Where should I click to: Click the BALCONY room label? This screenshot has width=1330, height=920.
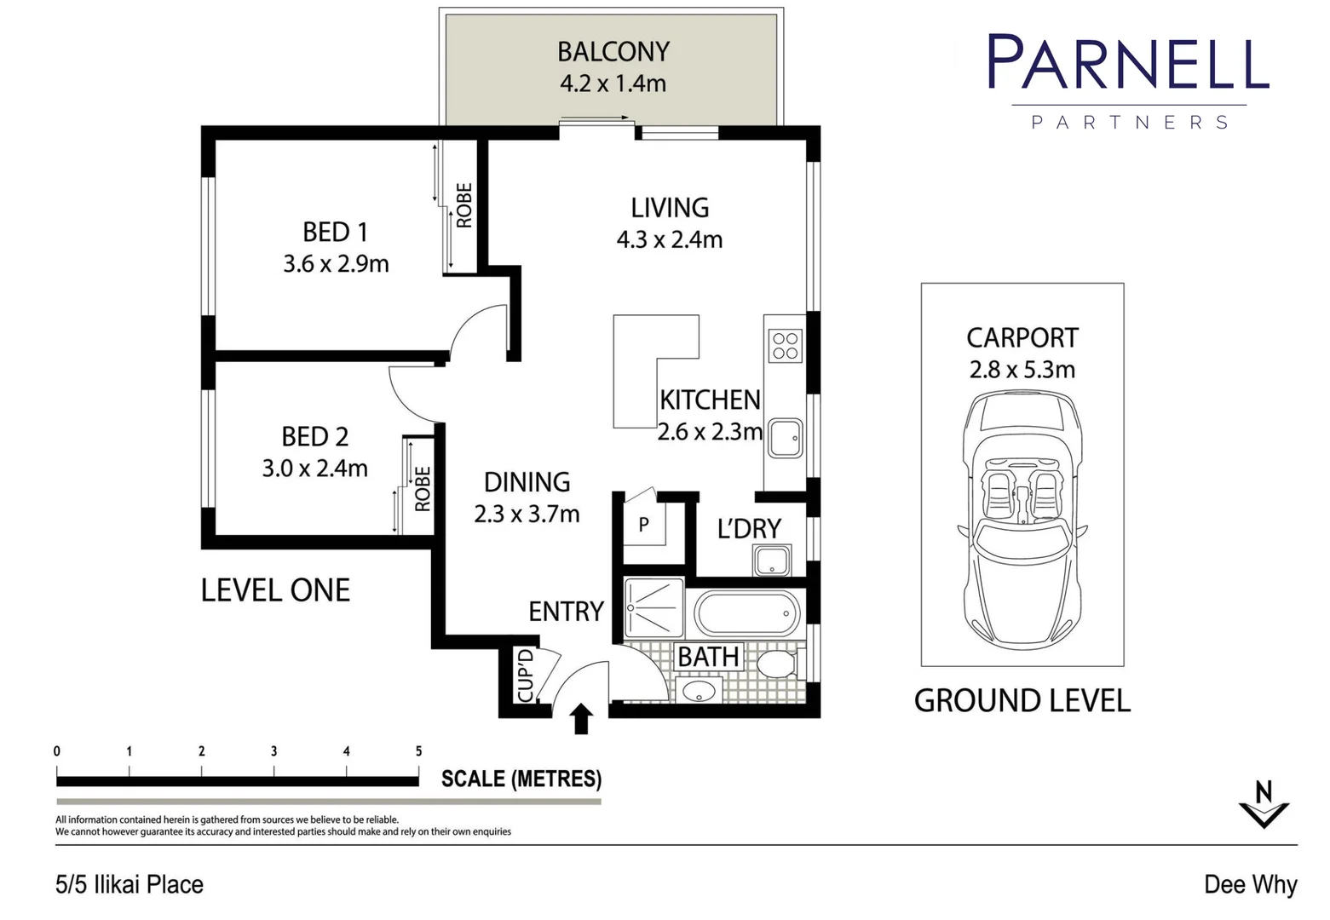click(x=613, y=52)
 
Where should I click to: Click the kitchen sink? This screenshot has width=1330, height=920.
click(x=785, y=438)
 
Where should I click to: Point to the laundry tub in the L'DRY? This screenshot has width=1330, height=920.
click(x=772, y=561)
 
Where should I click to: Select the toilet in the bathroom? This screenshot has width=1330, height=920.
click(x=776, y=664)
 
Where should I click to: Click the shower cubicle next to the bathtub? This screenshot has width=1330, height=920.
click(x=653, y=608)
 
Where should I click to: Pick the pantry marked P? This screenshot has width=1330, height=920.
click(x=643, y=525)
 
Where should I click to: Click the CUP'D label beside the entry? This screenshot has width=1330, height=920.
click(x=526, y=676)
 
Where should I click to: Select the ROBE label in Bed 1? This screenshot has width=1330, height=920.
click(x=464, y=205)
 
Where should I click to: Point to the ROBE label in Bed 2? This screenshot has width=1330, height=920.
click(x=423, y=488)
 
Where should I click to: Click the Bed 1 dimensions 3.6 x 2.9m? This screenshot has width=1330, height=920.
click(x=336, y=264)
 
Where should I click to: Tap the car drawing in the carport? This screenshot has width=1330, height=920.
click(x=1022, y=520)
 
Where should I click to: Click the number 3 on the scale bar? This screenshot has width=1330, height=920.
click(x=273, y=751)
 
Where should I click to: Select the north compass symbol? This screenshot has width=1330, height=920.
click(x=1264, y=804)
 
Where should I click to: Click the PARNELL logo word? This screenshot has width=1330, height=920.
click(x=1128, y=63)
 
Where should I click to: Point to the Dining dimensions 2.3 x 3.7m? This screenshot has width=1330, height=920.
click(x=527, y=515)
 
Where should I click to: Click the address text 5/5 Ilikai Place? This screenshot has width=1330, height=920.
click(x=130, y=885)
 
